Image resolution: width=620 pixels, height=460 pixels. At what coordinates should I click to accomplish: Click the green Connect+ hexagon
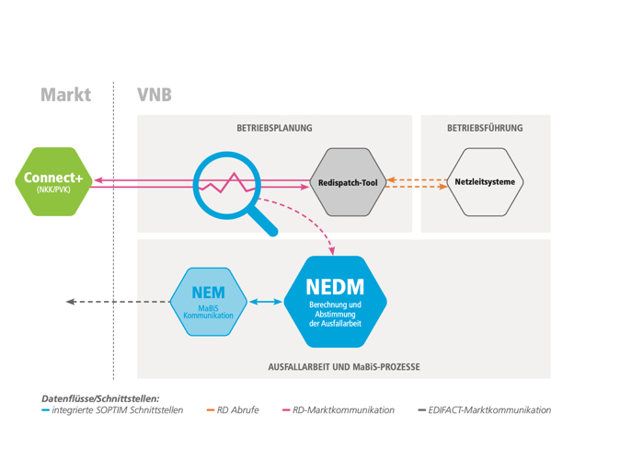[x=53, y=182]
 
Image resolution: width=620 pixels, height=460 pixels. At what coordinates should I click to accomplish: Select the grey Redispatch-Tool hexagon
[x=348, y=182]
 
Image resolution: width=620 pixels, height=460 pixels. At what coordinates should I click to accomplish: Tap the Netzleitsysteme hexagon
[x=485, y=182]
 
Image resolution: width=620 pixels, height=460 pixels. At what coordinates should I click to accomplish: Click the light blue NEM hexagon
[x=209, y=302]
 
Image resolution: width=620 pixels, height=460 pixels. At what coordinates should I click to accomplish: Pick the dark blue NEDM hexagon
[x=336, y=301]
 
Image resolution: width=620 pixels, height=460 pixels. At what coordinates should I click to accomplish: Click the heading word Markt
[x=65, y=95]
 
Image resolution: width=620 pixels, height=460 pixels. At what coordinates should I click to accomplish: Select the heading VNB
[x=154, y=95]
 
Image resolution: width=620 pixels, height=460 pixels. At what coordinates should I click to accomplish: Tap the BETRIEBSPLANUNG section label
[x=274, y=129]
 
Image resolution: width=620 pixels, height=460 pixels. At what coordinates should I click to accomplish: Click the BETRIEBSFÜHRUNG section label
[x=485, y=129]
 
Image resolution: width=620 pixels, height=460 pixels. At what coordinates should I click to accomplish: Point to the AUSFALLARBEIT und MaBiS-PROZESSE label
[x=343, y=367]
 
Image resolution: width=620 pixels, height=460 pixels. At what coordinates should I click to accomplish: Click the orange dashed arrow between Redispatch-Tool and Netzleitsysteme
[x=416, y=182]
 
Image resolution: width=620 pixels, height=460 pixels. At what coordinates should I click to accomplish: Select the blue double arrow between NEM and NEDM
[x=266, y=302]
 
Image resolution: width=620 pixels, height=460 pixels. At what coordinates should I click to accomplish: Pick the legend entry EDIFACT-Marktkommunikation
[x=488, y=410]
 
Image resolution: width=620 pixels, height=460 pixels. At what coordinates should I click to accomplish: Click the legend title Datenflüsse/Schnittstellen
[x=100, y=397]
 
